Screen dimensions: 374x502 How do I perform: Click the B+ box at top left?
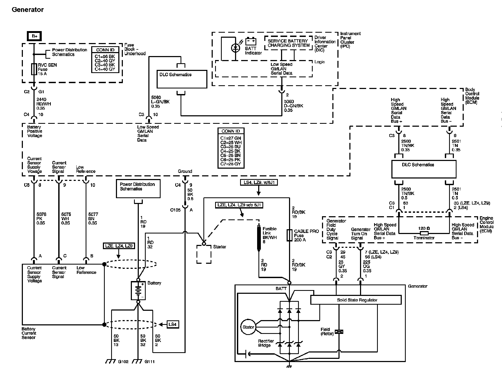point(34,36)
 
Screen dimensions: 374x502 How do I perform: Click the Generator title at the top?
point(28,10)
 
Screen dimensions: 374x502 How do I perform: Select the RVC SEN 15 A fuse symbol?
point(34,69)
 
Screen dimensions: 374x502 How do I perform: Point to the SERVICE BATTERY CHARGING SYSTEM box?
point(288,43)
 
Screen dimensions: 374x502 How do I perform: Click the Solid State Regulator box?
point(356,300)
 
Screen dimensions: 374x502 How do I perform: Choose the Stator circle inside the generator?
point(248,327)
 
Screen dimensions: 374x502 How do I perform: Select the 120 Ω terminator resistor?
point(424,233)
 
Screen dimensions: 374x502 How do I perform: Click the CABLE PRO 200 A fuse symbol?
point(289,235)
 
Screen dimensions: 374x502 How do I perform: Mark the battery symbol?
point(138,291)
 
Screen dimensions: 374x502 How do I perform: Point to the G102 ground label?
point(123,362)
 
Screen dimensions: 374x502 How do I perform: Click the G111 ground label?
point(149,362)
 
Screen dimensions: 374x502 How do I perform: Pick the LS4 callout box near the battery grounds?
point(172,324)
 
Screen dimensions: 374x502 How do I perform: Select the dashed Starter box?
point(204,254)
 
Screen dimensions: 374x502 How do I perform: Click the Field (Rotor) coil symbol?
point(339,331)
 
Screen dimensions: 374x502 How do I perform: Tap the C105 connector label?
point(175,210)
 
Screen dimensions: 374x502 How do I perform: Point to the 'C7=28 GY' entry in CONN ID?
point(231,164)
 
